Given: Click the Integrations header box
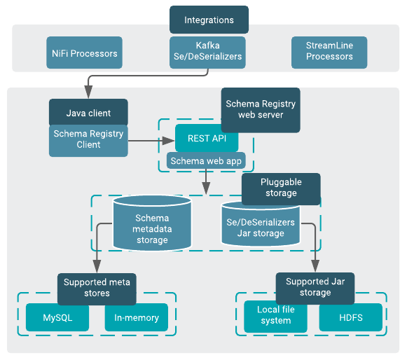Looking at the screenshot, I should (x=209, y=20).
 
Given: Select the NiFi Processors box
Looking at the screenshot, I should (x=85, y=53).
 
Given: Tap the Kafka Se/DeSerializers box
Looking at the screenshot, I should (x=209, y=52).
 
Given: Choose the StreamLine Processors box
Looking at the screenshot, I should (x=329, y=51).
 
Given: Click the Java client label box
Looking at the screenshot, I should (x=88, y=113).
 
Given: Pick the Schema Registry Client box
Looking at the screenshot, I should (x=88, y=139).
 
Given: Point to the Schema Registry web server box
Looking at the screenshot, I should (x=261, y=110).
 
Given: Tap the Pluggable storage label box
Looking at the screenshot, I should (x=281, y=188).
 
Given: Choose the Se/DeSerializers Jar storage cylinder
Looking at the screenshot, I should (x=261, y=224).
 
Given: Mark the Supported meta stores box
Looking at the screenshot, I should (x=97, y=288).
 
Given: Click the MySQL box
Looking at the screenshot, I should (x=57, y=317).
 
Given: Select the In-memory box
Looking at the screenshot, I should (x=137, y=317).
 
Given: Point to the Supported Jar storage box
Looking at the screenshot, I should (x=315, y=288).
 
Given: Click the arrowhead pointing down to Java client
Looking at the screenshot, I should (x=88, y=94).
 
